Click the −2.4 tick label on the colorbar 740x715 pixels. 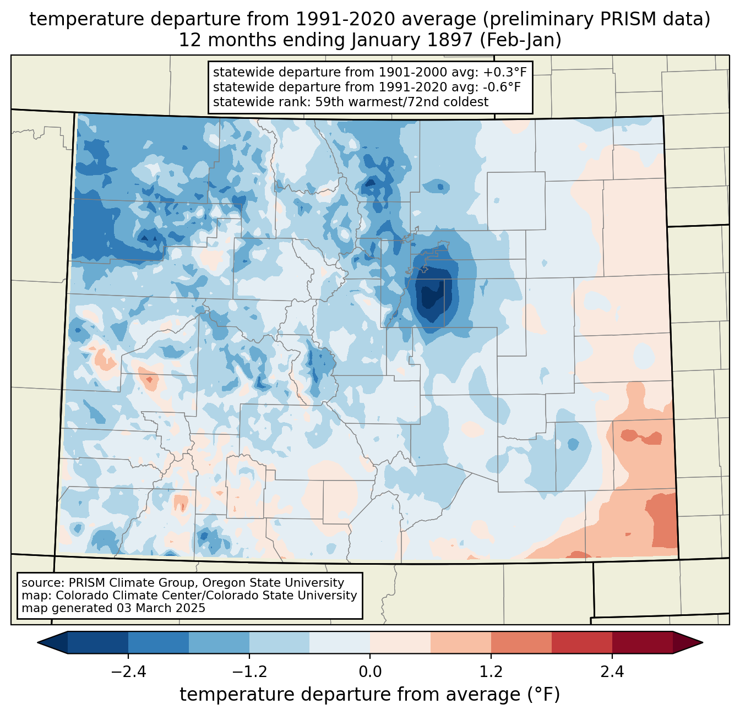tap(128, 672)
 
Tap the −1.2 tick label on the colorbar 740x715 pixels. tap(249, 672)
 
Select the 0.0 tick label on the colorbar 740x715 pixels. tap(370, 672)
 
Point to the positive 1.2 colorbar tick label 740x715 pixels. tap(491, 672)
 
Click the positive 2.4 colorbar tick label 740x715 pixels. tap(612, 672)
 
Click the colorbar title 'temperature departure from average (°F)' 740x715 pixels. tap(370, 695)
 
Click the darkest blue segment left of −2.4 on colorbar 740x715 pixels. tap(98, 642)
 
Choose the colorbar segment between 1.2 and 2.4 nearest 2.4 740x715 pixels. tap(581, 642)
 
